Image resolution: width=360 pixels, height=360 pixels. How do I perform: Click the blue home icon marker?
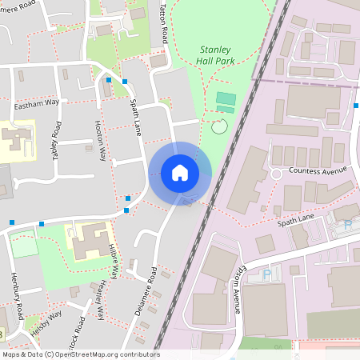pos(180,173)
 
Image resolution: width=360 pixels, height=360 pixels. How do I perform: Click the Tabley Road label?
pos(56,140)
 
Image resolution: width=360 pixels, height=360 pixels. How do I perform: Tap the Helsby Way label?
pos(46,324)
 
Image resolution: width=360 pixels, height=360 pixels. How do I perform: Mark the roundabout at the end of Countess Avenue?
pos(276,174)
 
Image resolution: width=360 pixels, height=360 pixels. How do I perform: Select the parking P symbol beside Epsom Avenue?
pos(267,274)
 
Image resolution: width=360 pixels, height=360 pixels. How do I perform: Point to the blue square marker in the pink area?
pos(357,105)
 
